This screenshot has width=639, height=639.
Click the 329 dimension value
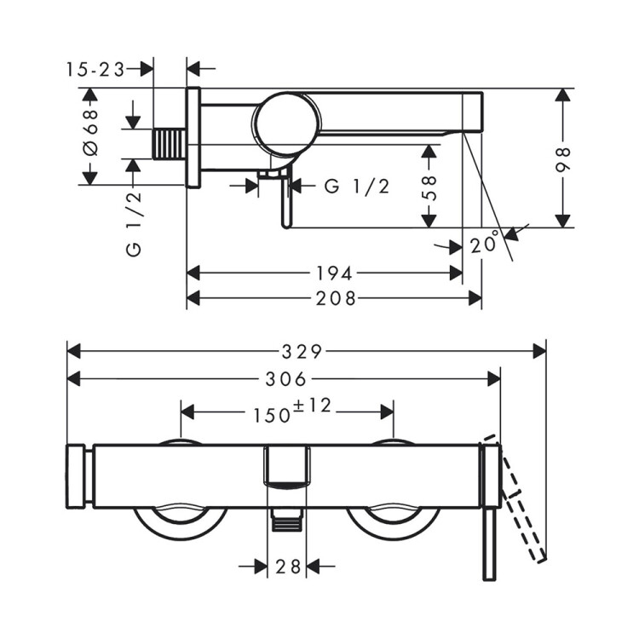302,352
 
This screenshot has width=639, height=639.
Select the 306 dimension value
285,379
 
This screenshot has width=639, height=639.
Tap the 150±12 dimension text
292,411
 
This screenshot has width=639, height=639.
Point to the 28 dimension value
288,567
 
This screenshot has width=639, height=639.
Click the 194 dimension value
334,273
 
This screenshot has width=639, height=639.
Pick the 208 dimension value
336,299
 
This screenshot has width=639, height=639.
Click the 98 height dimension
563,160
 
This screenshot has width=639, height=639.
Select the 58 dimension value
429,188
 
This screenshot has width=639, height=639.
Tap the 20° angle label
485,243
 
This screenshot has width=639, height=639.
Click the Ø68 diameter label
90,132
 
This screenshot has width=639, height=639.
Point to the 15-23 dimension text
95,70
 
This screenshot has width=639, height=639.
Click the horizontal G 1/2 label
357,187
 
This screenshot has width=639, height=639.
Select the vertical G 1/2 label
134,224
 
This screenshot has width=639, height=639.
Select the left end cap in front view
76,477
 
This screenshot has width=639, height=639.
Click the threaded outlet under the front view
287,520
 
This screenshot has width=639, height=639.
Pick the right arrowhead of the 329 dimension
539,351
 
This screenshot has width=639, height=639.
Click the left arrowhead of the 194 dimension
193,273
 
